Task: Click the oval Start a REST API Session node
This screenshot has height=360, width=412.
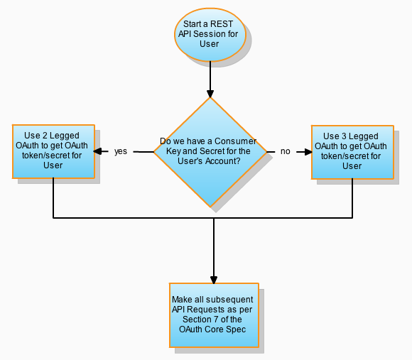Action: pos(210,33)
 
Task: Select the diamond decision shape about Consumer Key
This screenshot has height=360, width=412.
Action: pos(210,151)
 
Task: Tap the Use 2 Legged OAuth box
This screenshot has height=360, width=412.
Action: pos(53,151)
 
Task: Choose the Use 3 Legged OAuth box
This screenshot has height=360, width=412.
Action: pos(352,151)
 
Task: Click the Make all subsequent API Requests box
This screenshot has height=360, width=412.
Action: pos(213,315)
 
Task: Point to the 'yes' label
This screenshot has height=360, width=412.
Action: pos(121,151)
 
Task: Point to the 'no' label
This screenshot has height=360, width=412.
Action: pos(286,151)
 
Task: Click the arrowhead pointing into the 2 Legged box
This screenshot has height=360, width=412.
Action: pos(98,151)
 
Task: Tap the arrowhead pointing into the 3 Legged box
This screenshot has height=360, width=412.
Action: pos(308,151)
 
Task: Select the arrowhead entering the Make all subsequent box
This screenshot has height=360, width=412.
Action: pos(213,279)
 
